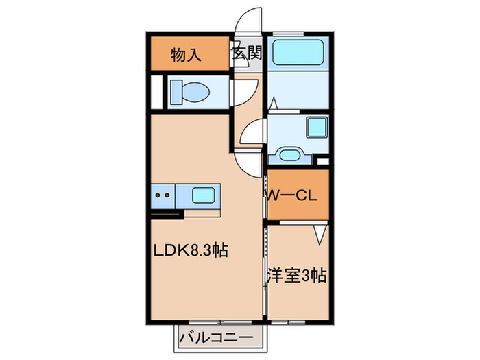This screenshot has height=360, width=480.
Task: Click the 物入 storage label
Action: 186,55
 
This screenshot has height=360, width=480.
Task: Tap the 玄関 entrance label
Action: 247,54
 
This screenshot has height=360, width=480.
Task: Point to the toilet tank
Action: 174,92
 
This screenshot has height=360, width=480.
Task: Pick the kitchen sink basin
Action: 206,195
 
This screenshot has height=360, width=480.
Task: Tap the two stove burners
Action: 164,195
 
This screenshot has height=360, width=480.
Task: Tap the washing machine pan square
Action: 317,128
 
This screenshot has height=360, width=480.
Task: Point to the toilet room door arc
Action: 245,91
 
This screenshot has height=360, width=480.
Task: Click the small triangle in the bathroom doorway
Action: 273,103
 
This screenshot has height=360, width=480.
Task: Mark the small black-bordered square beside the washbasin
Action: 323,162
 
